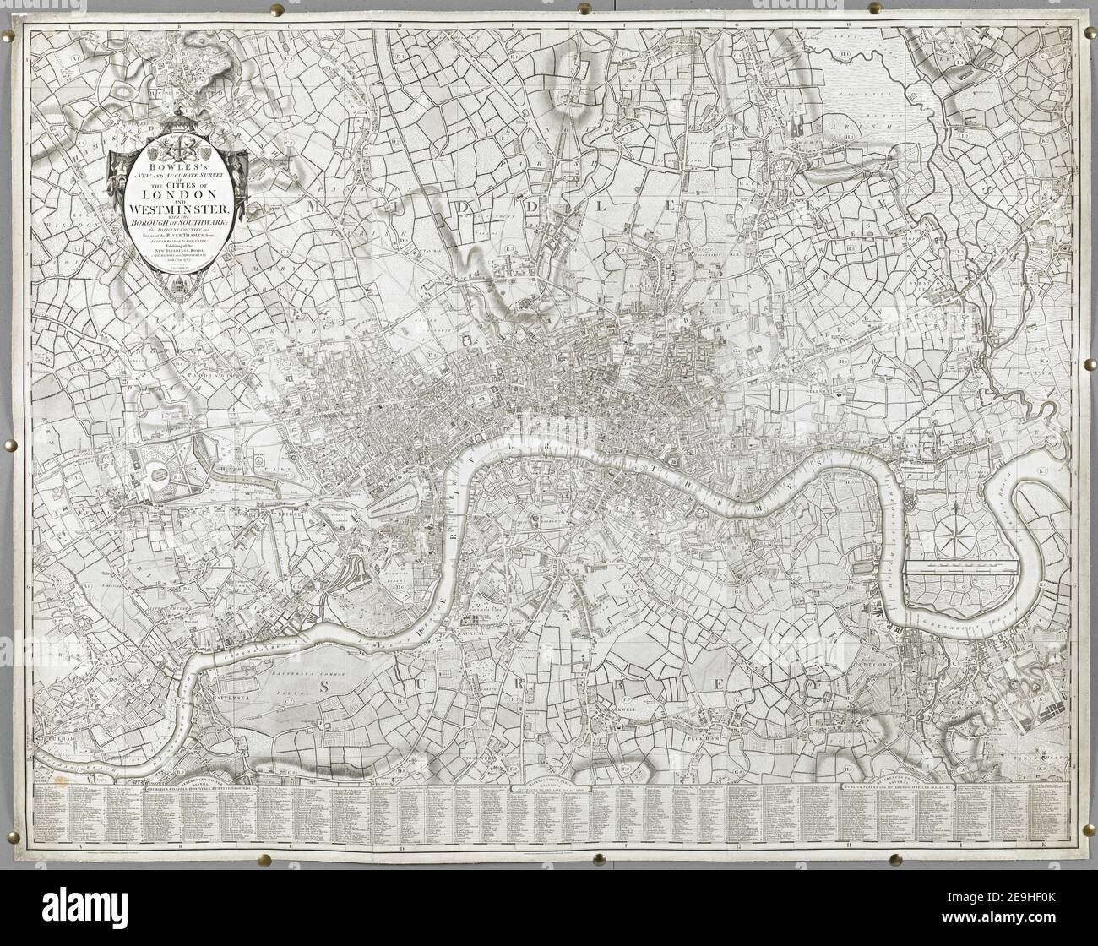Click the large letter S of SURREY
click(x=322, y=689)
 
